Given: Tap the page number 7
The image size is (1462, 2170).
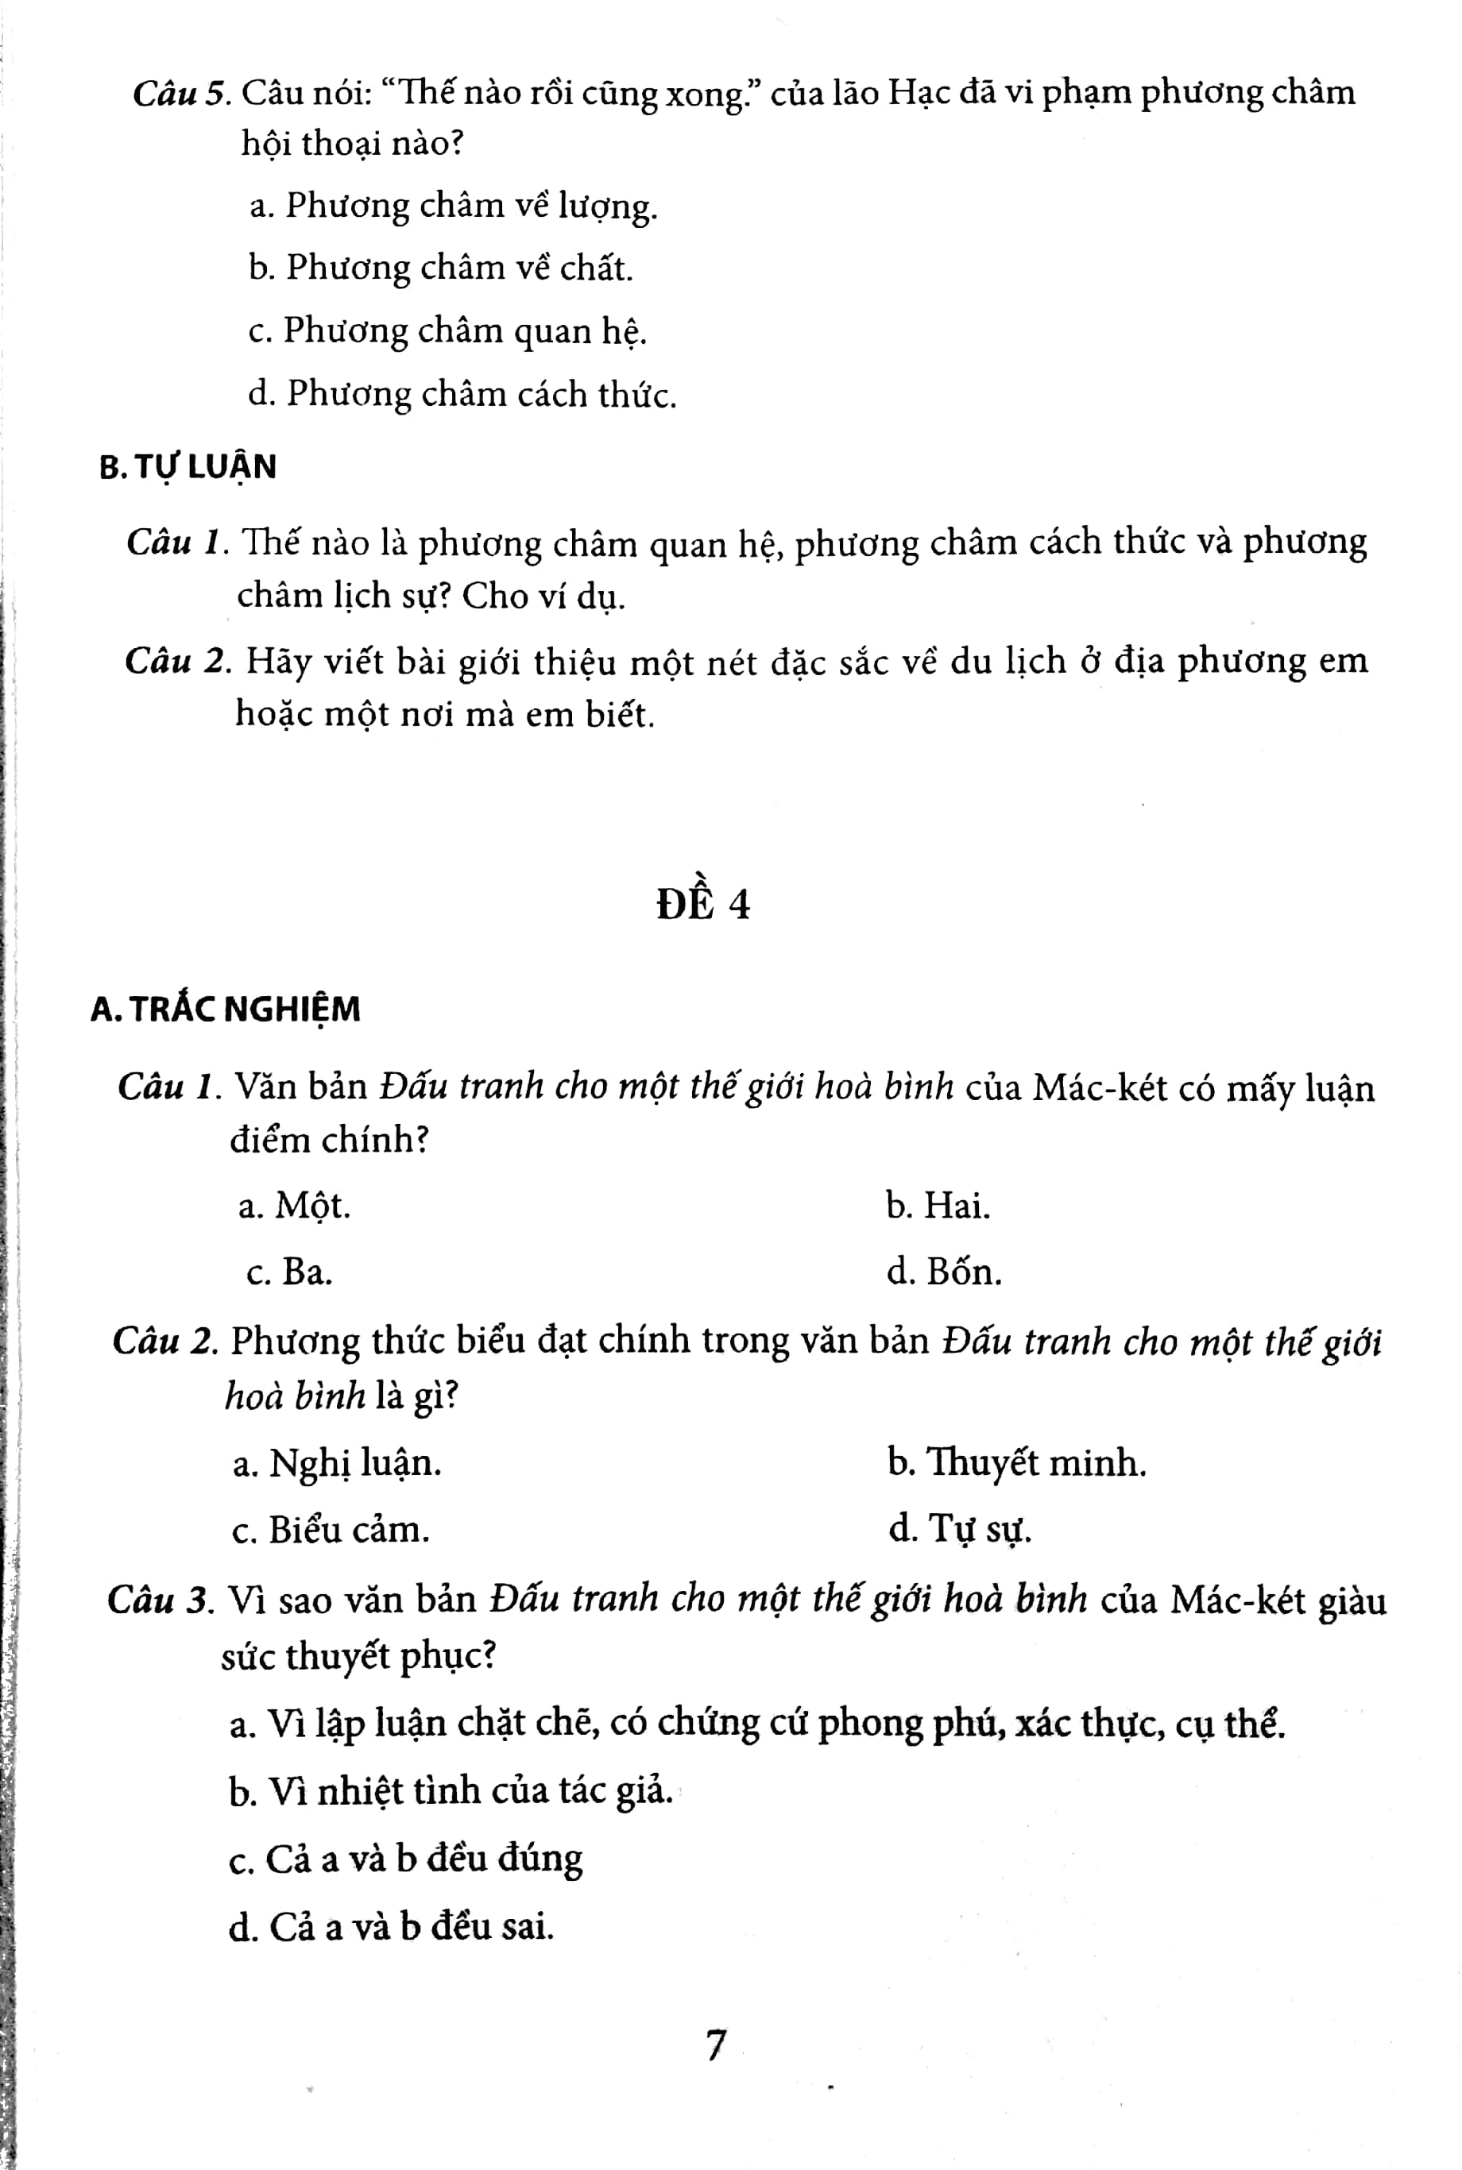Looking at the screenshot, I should click(x=715, y=2045).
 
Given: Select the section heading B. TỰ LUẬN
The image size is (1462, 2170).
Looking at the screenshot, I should click(x=188, y=467).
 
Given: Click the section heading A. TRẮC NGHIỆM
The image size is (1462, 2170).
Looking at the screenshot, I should click(x=225, y=1010).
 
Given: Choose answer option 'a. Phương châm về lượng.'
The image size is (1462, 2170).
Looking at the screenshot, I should click(x=453, y=206).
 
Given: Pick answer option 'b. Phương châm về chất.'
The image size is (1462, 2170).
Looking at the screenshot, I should click(x=441, y=268).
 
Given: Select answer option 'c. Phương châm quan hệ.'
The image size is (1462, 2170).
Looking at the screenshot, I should click(x=447, y=331).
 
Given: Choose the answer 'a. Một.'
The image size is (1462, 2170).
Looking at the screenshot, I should click(x=295, y=1207).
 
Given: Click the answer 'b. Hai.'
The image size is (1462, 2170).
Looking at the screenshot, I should click(x=938, y=1207).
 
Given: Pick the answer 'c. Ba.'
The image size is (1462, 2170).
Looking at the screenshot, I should click(x=289, y=1272).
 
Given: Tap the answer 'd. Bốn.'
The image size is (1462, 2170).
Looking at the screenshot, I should click(x=945, y=1272).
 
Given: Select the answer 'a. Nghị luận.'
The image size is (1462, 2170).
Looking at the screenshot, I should click(x=338, y=1463).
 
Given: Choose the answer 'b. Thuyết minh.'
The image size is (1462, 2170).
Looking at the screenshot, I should click(x=1016, y=1463).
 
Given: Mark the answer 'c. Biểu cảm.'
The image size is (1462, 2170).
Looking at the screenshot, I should click(x=331, y=1530).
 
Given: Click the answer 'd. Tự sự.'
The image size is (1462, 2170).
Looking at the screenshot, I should click(x=961, y=1530).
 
